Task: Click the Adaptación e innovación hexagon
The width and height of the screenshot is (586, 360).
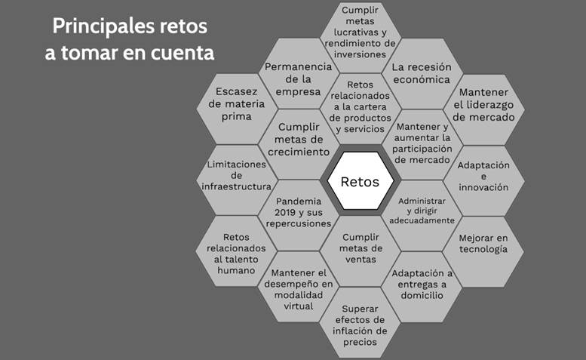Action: (x=483, y=176)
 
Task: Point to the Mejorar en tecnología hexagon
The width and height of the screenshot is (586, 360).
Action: (x=483, y=245)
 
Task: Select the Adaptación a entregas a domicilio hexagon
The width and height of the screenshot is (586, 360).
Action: (x=422, y=283)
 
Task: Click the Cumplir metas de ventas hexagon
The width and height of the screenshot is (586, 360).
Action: (x=360, y=249)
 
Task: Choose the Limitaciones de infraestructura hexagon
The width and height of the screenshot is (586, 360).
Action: (x=235, y=175)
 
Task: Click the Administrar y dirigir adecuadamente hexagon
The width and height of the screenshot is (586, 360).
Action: (x=422, y=211)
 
